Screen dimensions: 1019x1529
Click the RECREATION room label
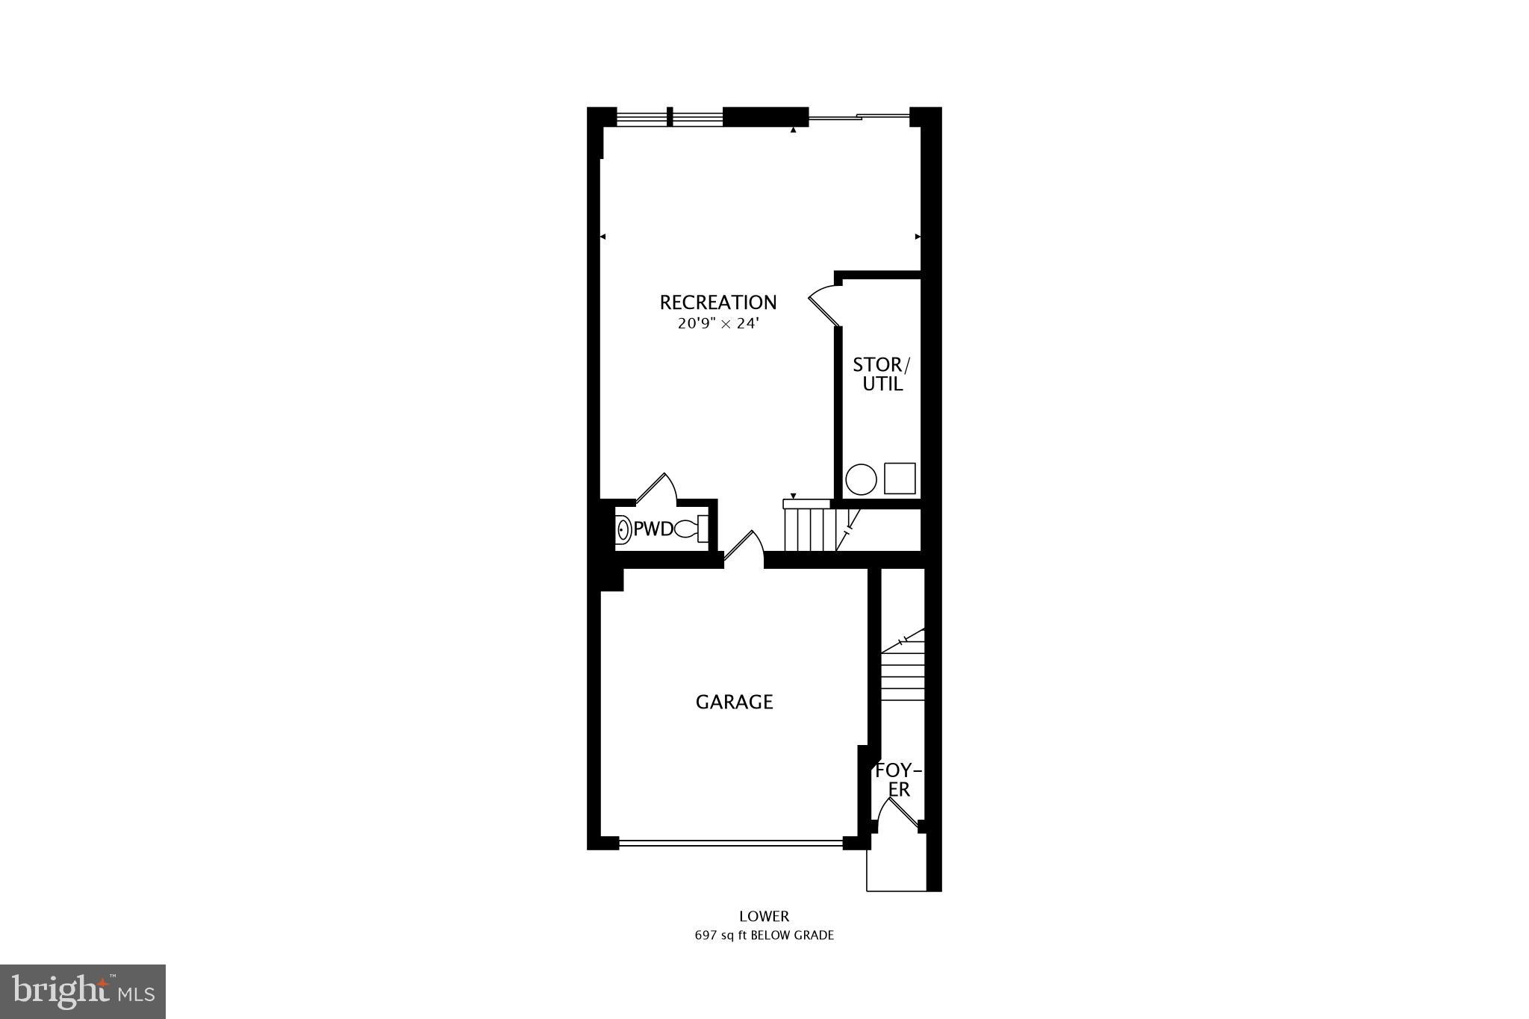tap(718, 302)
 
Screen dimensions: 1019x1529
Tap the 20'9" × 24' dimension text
tap(718, 324)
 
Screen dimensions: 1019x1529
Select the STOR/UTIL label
tap(882, 374)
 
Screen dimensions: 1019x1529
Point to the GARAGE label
tap(734, 702)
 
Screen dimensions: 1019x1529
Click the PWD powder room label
tap(653, 530)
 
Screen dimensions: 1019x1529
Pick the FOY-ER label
tap(898, 780)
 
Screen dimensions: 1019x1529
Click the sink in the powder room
tap(623, 530)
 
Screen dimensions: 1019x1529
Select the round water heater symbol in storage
tap(861, 479)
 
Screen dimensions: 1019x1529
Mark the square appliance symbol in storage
tap(900, 479)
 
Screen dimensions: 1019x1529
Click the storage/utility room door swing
tap(825, 305)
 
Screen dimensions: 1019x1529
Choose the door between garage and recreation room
tap(744, 549)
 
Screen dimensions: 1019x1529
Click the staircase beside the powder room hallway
tap(810, 529)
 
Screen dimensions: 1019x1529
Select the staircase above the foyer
tap(903, 672)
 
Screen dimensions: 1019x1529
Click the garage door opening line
tap(731, 844)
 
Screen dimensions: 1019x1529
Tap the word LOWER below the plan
tap(764, 916)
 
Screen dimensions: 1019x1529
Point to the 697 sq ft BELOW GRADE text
tap(764, 935)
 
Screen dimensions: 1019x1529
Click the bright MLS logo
tap(83, 991)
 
